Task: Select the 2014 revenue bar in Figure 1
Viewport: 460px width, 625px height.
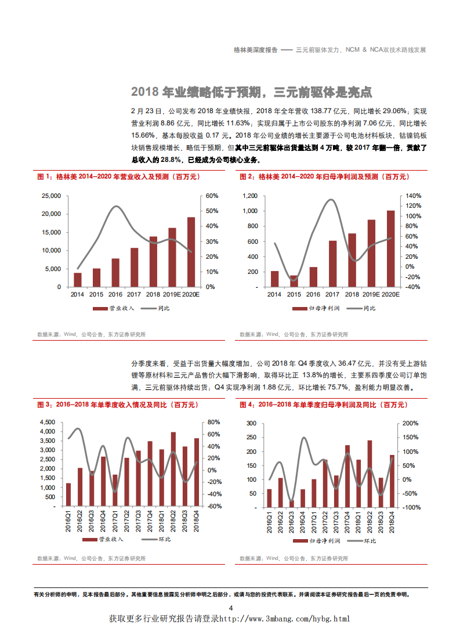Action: (78, 280)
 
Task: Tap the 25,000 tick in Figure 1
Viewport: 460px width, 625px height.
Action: (52, 196)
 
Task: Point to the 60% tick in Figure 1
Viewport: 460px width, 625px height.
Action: (211, 196)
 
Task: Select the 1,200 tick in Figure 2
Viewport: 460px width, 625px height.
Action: (249, 196)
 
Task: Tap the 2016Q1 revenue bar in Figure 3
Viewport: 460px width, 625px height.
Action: (68, 494)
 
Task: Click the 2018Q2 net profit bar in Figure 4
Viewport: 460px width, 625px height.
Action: (370, 474)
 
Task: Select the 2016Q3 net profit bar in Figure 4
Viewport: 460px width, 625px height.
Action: (292, 503)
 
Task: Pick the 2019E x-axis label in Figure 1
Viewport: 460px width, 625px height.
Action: (172, 295)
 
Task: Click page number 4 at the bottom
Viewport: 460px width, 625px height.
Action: (230, 608)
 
